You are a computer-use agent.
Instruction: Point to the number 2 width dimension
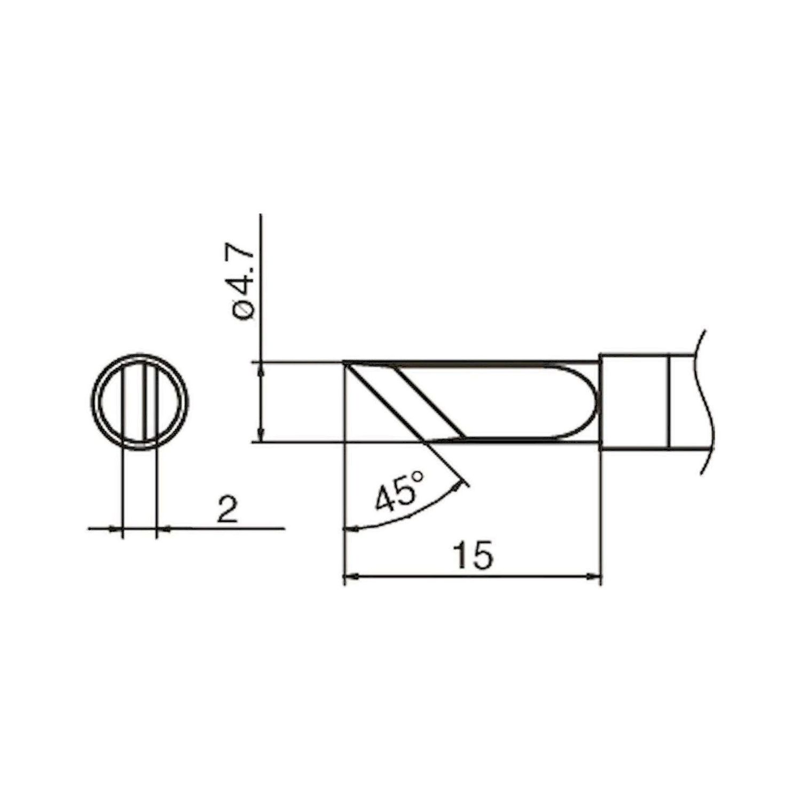pos(227,511)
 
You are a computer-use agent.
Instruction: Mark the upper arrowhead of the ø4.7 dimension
pos(261,369)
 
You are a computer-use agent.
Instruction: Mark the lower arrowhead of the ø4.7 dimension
pos(261,435)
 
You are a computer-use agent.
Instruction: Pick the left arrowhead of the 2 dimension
pos(116,529)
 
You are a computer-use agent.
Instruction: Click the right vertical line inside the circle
pos(145,402)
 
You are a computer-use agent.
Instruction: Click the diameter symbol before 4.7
pos(245,311)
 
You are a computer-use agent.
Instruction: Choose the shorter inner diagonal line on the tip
pos(430,402)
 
